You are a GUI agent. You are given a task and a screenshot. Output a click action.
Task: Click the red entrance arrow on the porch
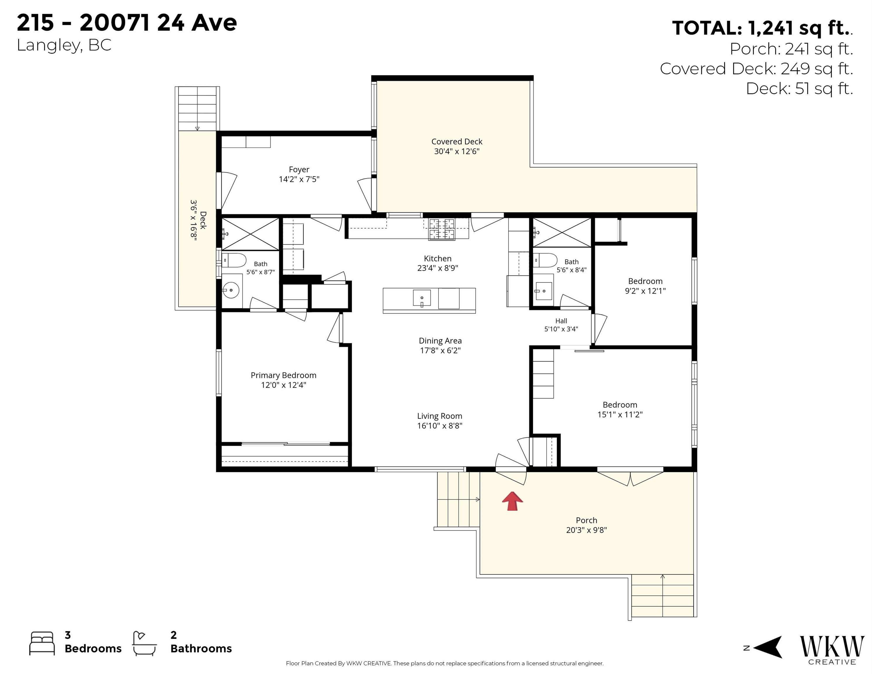(x=512, y=501)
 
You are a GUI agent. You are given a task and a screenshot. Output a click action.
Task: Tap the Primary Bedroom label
(x=283, y=375)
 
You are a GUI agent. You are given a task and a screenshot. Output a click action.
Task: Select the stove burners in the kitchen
(x=442, y=229)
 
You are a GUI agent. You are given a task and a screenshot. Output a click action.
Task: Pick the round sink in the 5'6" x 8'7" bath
(x=231, y=290)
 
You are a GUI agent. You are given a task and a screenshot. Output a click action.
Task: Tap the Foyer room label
(x=299, y=170)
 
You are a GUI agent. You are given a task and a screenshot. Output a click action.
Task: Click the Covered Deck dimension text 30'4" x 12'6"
(x=457, y=151)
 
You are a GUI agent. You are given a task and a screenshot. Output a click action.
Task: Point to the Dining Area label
(x=440, y=341)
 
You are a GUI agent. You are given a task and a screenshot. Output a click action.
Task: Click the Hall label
(x=561, y=321)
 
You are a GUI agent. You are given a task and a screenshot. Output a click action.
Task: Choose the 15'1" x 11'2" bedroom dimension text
(x=620, y=415)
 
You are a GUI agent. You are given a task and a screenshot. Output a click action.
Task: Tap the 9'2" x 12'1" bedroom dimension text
(x=645, y=291)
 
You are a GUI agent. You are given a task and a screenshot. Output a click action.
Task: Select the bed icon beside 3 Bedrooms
(x=42, y=643)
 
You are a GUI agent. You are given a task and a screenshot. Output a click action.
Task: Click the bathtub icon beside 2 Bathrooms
(x=145, y=643)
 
